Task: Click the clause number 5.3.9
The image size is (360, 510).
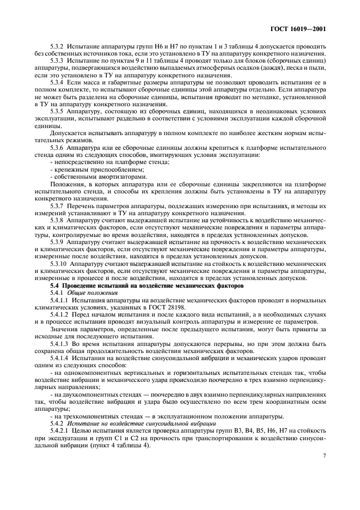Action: coord(58,241)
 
